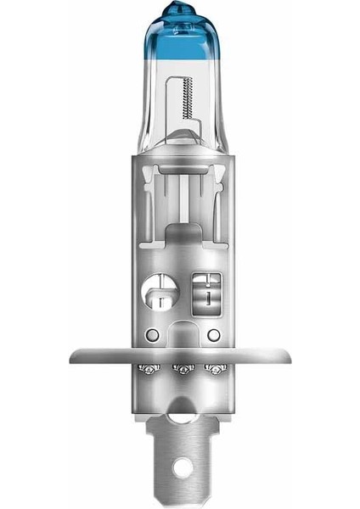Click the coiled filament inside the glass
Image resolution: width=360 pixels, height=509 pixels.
[186, 102]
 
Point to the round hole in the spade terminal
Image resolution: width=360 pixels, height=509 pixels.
[180, 467]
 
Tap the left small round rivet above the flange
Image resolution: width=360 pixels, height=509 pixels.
[150, 333]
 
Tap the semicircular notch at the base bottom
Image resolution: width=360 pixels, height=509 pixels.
[180, 414]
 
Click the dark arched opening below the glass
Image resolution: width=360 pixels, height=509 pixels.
[180, 233]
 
